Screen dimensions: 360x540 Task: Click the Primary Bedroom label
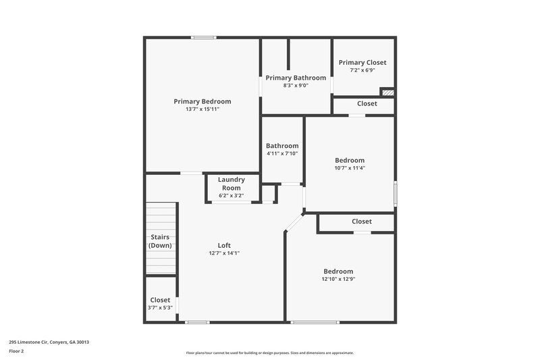tap(202, 101)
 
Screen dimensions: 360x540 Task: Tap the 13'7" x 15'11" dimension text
tap(202, 109)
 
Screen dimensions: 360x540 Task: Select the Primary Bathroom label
tap(296, 78)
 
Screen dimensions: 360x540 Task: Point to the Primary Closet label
tap(362, 62)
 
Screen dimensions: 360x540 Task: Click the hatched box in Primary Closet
tap(387, 92)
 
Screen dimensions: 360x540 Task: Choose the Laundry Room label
tap(231, 184)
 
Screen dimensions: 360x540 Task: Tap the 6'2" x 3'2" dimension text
tap(231, 196)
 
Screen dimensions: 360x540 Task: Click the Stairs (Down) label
tap(160, 241)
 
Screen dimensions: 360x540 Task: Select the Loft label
tap(224, 245)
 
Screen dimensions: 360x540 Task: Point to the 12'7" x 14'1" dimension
tap(224, 253)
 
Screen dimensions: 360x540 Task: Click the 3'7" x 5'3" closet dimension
tap(160, 308)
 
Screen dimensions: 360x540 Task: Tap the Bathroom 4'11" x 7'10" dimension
tap(282, 153)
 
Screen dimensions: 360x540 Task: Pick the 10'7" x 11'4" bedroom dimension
tap(350, 168)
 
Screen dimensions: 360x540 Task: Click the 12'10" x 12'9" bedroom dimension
tap(337, 279)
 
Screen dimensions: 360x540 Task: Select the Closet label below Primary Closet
tap(367, 103)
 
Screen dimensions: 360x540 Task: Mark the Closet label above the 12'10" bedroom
tap(361, 222)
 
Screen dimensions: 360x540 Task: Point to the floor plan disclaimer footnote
tap(269, 353)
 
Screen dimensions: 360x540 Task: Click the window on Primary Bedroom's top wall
tap(203, 37)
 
